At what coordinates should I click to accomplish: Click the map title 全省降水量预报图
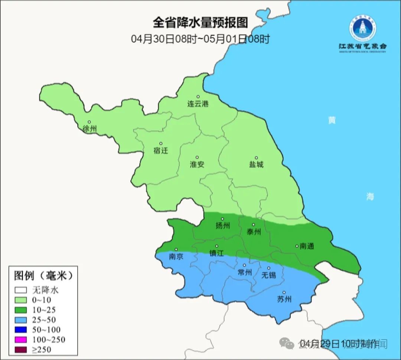[x=200, y=23]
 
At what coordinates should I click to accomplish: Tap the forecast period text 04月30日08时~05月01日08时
[x=200, y=39]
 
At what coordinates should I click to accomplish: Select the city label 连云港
[x=198, y=104]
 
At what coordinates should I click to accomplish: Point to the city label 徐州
[x=90, y=129]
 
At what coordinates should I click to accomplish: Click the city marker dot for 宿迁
[x=161, y=143]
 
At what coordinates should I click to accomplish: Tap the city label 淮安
[x=197, y=164]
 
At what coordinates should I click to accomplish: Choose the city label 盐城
[x=256, y=164]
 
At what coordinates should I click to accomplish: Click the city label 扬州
[x=223, y=226]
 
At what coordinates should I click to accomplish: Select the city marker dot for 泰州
[x=254, y=225]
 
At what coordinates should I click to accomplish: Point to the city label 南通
[x=307, y=246]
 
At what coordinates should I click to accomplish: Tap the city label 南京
[x=176, y=256]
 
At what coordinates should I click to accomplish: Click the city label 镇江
[x=216, y=253]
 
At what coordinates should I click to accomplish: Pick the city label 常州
[x=244, y=272]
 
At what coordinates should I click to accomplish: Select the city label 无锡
[x=268, y=275]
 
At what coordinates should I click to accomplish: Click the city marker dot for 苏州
[x=284, y=292]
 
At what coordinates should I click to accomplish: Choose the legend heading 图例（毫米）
[x=43, y=276]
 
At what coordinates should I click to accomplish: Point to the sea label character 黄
[x=332, y=120]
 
